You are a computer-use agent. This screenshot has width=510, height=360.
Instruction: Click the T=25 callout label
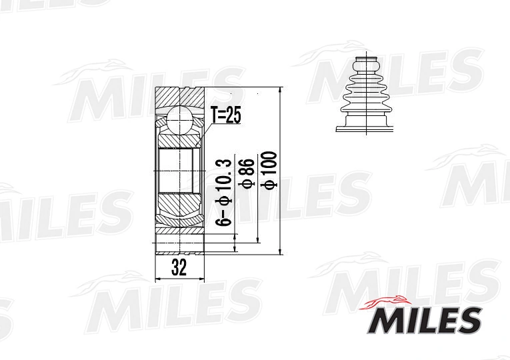226,115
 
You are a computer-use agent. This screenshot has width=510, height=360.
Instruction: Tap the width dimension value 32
179,267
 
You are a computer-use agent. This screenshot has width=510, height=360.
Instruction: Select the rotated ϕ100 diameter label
271,170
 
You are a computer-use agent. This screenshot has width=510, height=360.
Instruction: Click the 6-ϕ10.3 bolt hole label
224,193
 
